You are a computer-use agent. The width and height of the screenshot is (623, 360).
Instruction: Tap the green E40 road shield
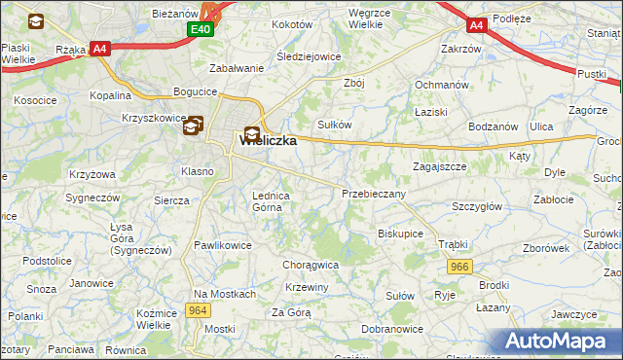point(201,30)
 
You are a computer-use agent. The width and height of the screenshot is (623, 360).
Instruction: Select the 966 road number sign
point(460,266)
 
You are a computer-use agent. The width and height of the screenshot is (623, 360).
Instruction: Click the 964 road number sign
point(199,310)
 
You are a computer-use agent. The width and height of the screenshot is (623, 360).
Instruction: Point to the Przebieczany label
point(374,194)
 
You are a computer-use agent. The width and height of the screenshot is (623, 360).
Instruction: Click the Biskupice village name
point(400,234)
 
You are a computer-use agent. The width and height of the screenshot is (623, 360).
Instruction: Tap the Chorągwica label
point(310,264)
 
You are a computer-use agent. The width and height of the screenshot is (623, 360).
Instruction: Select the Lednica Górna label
point(272,200)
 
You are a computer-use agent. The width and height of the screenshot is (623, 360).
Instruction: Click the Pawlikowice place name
point(223,245)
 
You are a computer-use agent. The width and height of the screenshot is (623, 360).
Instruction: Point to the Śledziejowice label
point(309,56)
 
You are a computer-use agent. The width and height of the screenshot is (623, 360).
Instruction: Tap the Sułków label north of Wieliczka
point(335,125)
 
